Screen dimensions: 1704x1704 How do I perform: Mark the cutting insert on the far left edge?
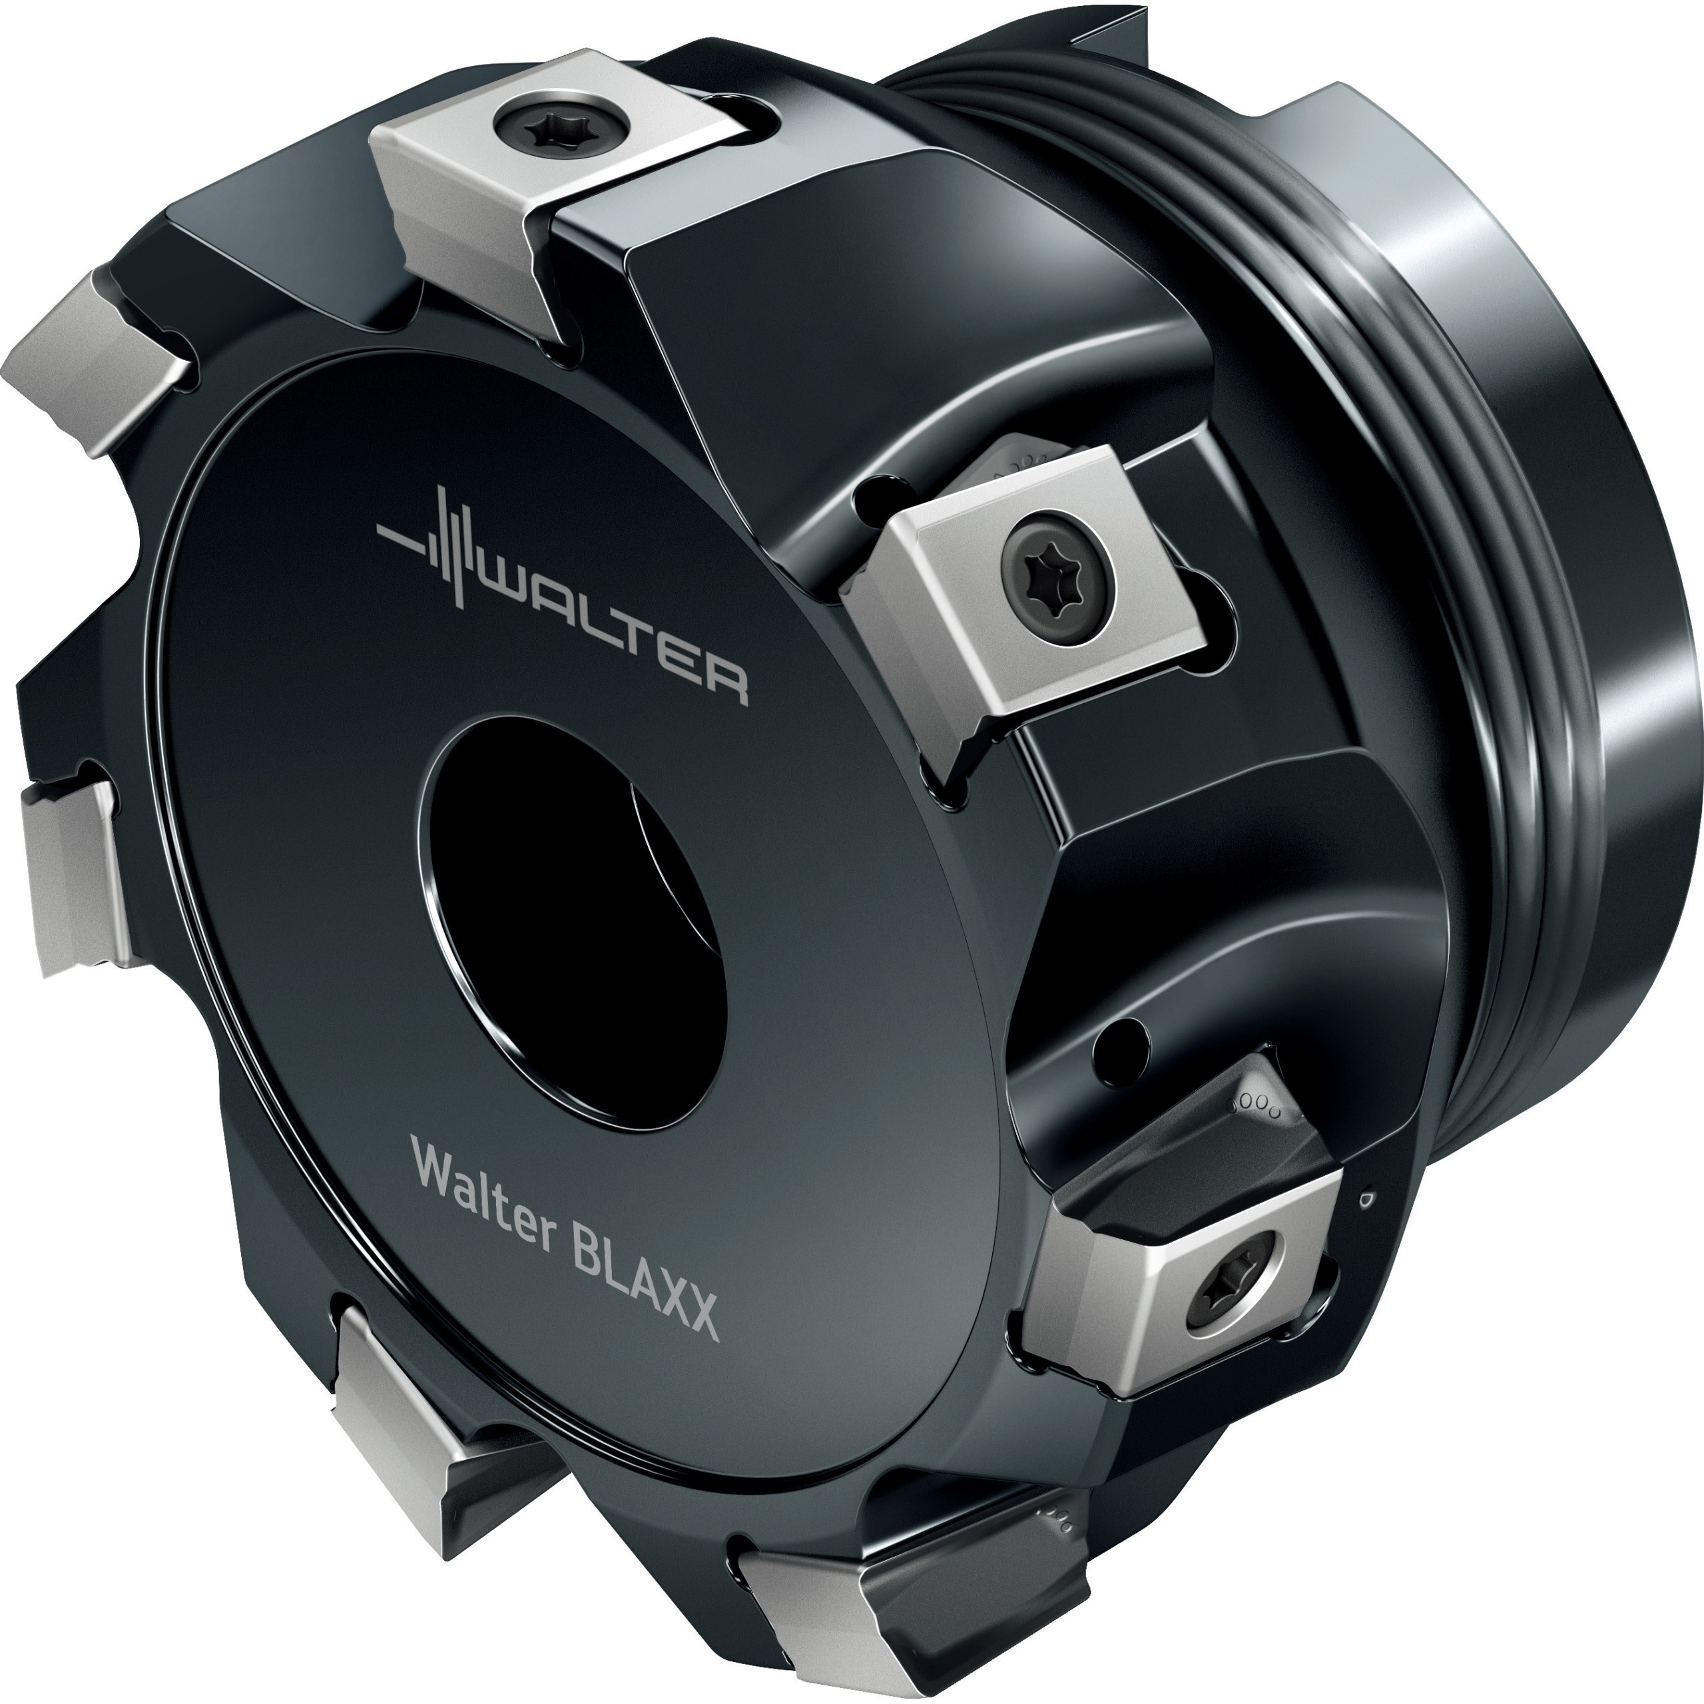(x=66, y=873)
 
